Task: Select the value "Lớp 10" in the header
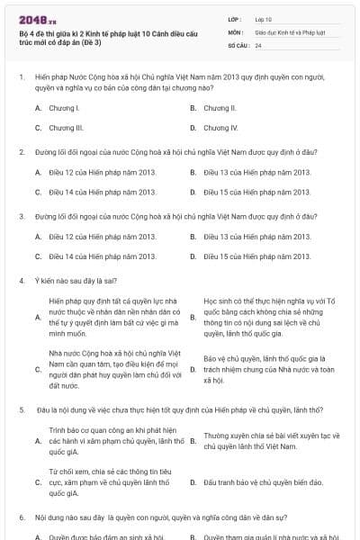point(264,19)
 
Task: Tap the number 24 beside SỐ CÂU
point(258,44)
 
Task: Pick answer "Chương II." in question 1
point(220,108)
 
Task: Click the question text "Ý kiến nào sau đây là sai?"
point(77,281)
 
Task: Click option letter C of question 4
point(38,369)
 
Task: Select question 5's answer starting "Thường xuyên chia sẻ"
point(271,440)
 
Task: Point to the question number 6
point(21,518)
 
